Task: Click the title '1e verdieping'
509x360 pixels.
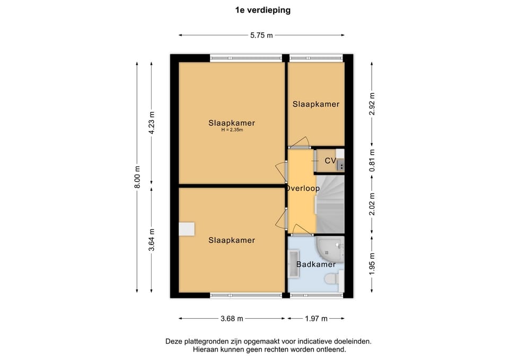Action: tap(262, 10)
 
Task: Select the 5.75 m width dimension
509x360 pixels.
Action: tap(261, 36)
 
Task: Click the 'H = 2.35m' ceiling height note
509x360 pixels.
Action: tap(232, 130)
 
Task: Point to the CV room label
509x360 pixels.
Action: tap(330, 161)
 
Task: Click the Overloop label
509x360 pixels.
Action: tap(303, 188)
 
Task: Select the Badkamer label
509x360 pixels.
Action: tap(315, 264)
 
